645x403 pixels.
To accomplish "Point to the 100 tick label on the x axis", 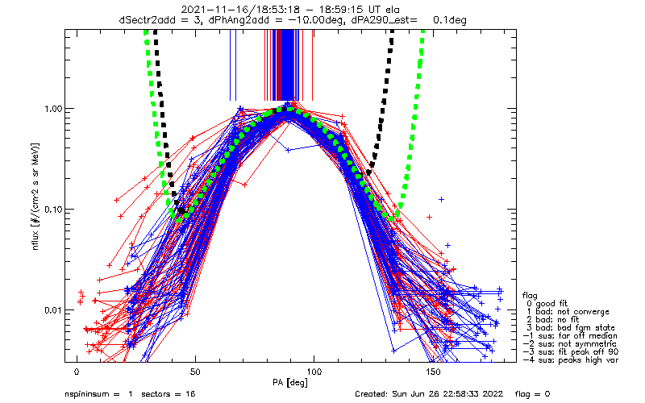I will pos(314,372).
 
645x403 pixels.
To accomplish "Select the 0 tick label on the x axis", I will pos(77,372).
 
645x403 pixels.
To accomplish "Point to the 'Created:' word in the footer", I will pos(373,395).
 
